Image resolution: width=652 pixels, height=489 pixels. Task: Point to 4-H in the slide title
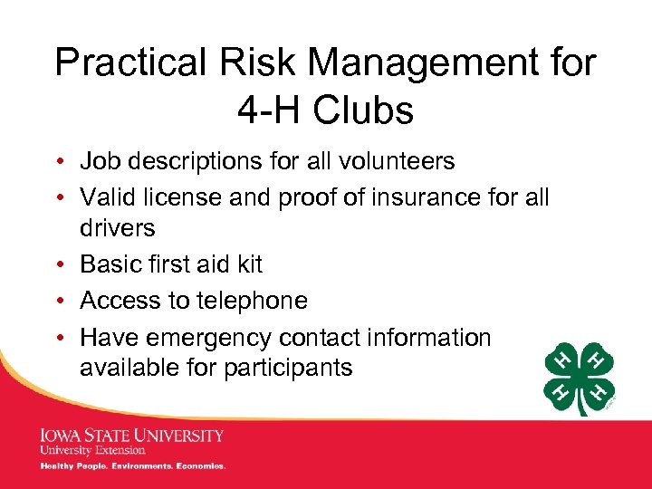(271, 110)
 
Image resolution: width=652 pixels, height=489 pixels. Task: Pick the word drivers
(117, 228)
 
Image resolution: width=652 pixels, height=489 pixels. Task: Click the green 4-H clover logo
(580, 379)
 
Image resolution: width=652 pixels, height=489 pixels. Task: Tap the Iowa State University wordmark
(131, 436)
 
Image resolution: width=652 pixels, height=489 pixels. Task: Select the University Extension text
(92, 450)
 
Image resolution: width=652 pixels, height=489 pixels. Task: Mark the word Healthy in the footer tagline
(59, 466)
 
